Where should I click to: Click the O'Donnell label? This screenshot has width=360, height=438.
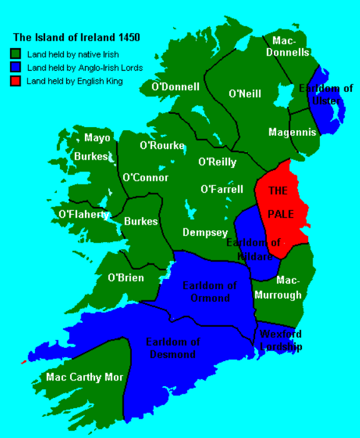point(176,87)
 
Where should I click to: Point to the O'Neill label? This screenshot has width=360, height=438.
point(245,94)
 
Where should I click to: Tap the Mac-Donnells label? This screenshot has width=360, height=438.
point(287,46)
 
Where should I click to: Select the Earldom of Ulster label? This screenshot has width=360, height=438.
point(326,94)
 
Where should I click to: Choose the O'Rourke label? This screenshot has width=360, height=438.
point(162,146)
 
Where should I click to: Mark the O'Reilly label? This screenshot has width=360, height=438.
point(217,162)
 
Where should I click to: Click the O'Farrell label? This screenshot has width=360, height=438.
point(222,188)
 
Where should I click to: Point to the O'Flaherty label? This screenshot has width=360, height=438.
point(84,214)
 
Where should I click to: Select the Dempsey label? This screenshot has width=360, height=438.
point(205,232)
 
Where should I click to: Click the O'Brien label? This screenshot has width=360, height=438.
point(126,278)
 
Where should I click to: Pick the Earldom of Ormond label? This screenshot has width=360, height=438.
point(210,292)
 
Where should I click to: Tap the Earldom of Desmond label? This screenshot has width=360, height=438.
point(172,348)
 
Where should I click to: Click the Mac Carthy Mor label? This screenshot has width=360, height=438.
point(85,377)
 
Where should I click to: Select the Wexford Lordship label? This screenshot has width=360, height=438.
point(281,340)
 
